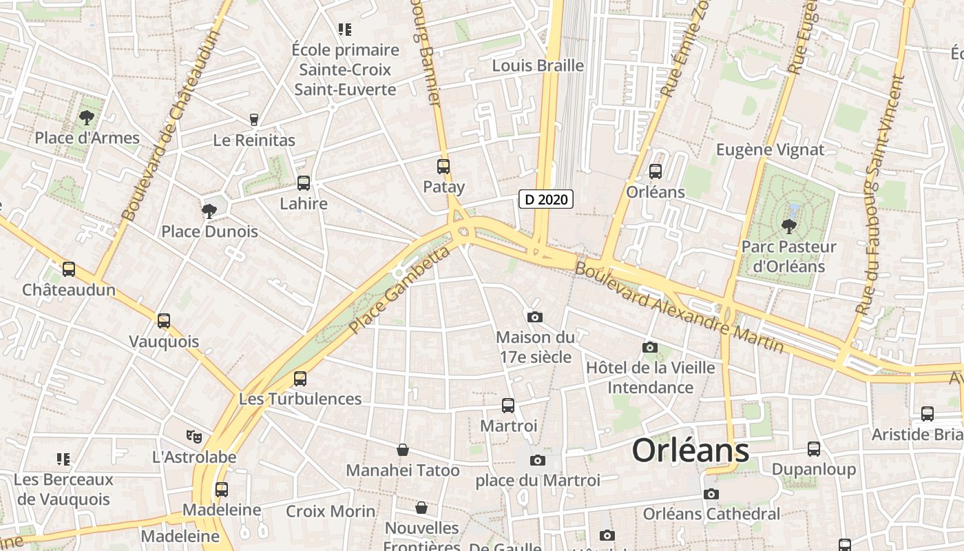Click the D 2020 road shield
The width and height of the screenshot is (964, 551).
pyautogui.click(x=546, y=200)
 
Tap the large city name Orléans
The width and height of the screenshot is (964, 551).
pyautogui.click(x=690, y=451)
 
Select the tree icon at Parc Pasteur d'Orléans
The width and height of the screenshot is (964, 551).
pyautogui.click(x=788, y=225)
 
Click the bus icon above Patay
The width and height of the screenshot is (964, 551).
pyautogui.click(x=443, y=166)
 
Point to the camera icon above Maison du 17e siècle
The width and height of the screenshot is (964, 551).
pyautogui.click(x=534, y=317)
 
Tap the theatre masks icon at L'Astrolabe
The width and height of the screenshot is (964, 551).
pyautogui.click(x=194, y=436)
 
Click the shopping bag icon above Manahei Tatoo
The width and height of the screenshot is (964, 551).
pyautogui.click(x=403, y=450)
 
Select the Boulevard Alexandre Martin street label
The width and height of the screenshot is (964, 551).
pyautogui.click(x=678, y=306)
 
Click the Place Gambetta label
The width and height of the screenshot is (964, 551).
pyautogui.click(x=399, y=291)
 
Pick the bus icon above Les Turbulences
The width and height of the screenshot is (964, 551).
pyautogui.click(x=300, y=378)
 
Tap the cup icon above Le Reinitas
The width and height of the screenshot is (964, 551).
pyautogui.click(x=254, y=120)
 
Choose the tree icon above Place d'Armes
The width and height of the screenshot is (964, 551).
pyautogui.click(x=87, y=117)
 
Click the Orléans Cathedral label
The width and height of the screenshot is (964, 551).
pyautogui.click(x=711, y=514)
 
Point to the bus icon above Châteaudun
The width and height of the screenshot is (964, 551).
pyautogui.click(x=69, y=269)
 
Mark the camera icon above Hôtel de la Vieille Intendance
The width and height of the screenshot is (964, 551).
pyautogui.click(x=649, y=347)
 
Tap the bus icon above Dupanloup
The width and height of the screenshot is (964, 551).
pyautogui.click(x=814, y=449)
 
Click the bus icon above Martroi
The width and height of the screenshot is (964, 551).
pyautogui.click(x=508, y=406)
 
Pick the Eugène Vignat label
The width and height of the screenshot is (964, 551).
pyautogui.click(x=770, y=149)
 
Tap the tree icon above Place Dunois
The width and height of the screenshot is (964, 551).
pyautogui.click(x=209, y=211)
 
